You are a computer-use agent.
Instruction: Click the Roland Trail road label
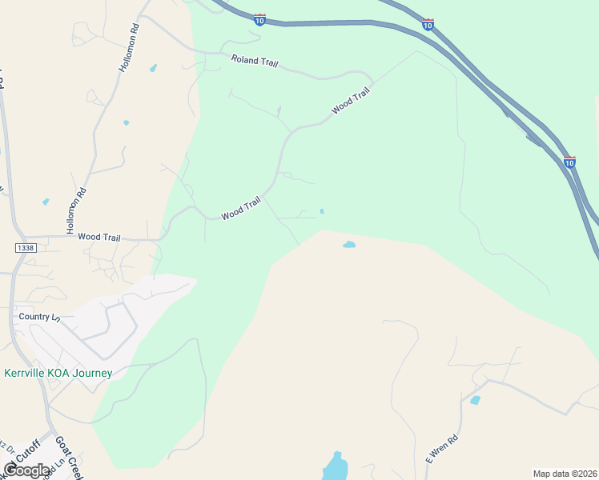point(254,61)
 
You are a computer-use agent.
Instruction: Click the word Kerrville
point(30,373)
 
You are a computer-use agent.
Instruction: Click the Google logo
point(26,470)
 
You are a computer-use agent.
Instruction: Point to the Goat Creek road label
point(70,458)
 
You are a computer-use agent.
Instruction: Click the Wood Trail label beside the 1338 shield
point(98,238)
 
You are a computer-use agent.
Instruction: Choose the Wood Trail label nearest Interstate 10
point(351,102)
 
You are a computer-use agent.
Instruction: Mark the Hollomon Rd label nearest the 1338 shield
point(76,206)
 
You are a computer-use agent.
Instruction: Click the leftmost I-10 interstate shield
point(259,18)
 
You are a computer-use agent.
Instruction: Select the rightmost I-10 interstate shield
point(569,162)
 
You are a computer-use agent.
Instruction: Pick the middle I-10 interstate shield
point(428,25)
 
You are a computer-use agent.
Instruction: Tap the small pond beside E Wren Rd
point(475,400)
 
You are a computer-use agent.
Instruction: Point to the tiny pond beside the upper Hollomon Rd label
point(153,68)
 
